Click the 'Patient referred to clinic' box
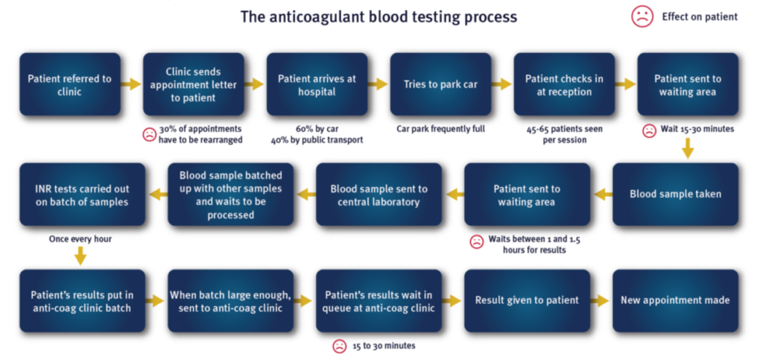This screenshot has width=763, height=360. tap(69, 84)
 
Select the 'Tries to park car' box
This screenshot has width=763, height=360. tap(440, 84)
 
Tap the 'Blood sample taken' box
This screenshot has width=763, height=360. tap(675, 195)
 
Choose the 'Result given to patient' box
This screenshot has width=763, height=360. tap(527, 300)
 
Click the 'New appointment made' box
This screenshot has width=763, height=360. tap(675, 300)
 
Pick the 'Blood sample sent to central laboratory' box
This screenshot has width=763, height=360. tap(379, 195)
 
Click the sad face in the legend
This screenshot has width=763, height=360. tap(642, 16)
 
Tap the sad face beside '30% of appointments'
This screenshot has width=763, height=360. tap(150, 135)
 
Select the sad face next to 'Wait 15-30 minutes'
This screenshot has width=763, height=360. tap(649, 130)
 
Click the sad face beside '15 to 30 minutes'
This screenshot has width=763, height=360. tap(339, 346)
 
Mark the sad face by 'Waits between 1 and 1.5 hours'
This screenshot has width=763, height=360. tap(476, 241)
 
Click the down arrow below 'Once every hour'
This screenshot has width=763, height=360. tap(80, 256)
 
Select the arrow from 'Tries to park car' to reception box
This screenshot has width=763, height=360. tap(501, 84)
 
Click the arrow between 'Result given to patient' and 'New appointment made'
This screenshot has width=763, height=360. tap(601, 300)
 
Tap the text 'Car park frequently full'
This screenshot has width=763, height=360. tap(440, 129)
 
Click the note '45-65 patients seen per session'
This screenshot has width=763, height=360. tap(564, 134)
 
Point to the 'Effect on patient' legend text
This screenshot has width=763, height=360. tap(700, 16)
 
